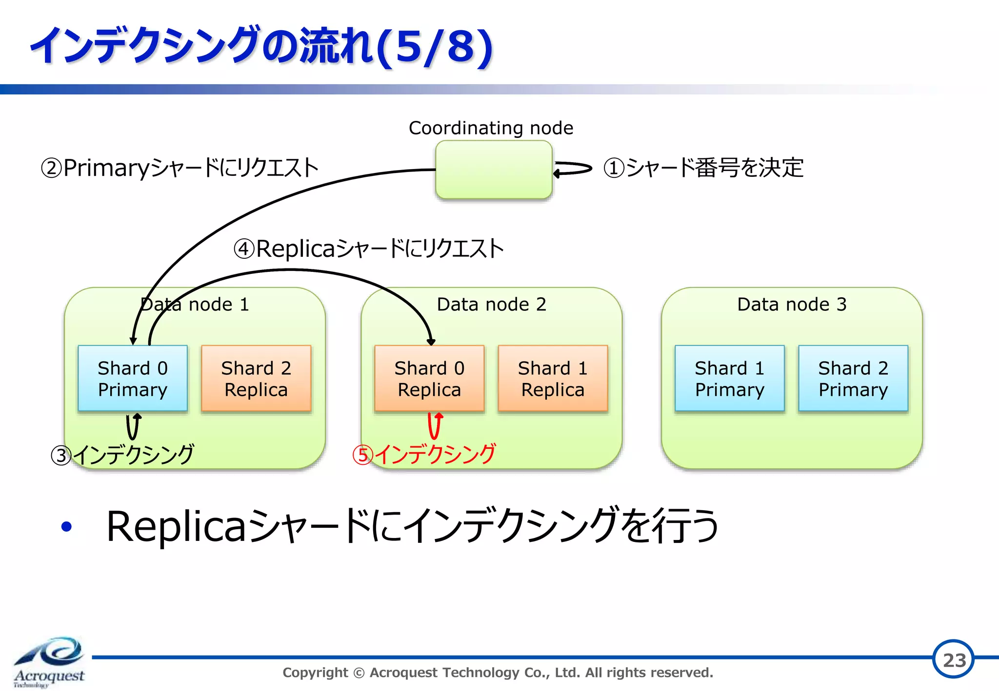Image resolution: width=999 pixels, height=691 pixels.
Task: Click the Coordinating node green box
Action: coord(494,170)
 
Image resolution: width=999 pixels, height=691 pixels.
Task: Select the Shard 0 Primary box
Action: coord(133,379)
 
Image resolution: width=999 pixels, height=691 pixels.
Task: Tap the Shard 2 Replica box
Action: coord(256,379)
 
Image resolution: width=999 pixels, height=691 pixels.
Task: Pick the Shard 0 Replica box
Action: coord(429,379)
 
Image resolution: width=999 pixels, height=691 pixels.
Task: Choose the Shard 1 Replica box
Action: coord(553,379)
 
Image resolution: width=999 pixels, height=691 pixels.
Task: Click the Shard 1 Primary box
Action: coord(730,379)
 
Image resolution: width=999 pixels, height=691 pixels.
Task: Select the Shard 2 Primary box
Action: coord(853,379)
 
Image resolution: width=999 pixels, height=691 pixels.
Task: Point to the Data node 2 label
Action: coord(491,305)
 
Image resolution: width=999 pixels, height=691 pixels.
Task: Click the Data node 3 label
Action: coord(792,305)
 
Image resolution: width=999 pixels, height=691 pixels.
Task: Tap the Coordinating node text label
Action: coord(491,128)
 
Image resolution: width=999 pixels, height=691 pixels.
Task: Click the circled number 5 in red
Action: coord(363,455)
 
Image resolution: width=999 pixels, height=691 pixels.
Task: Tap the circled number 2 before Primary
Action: coord(51,168)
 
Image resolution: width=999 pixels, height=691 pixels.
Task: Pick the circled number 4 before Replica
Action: coord(244,249)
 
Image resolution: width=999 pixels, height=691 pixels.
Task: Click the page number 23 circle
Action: coord(954,659)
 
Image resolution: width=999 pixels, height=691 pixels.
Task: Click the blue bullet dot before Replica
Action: coord(66,526)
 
